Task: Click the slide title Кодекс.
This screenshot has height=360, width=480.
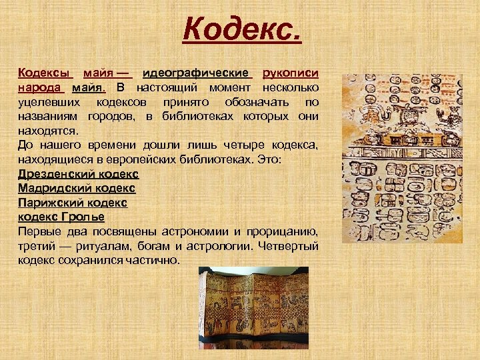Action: click(243, 30)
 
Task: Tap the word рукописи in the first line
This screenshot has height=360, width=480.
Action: click(291, 73)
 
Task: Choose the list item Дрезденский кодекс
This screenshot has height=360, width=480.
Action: click(78, 174)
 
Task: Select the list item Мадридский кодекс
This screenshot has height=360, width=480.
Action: click(76, 189)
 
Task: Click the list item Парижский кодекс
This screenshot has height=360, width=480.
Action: click(72, 203)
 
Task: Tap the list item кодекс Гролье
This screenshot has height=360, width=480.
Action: click(61, 217)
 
